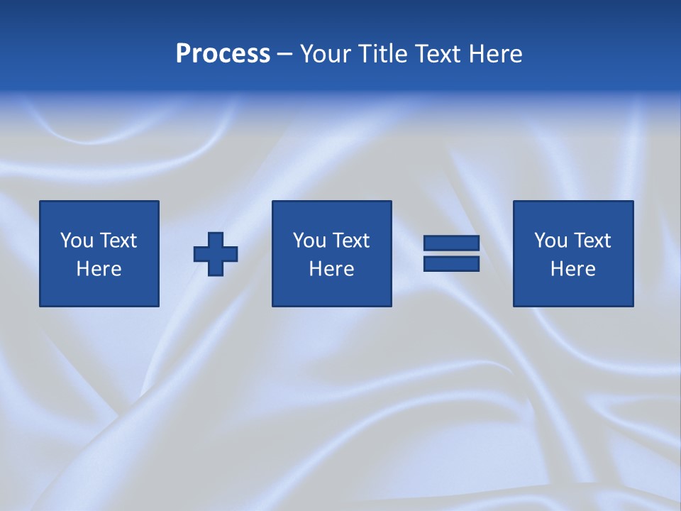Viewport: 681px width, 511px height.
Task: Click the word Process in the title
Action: tap(223, 54)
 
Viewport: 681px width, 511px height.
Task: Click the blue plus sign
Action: tap(216, 254)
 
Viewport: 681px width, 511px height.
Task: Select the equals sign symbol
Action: tap(451, 253)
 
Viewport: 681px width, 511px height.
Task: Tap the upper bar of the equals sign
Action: tap(451, 243)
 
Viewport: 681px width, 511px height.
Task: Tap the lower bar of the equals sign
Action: tap(451, 264)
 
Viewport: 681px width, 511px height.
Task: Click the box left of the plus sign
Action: tap(99, 253)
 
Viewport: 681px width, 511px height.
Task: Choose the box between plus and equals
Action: tap(331, 253)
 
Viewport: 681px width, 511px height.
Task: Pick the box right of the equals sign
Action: tap(572, 253)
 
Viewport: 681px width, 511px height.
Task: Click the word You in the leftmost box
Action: tap(77, 241)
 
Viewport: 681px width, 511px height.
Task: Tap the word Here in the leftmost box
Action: tap(99, 269)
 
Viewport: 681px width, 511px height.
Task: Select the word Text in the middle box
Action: tap(350, 241)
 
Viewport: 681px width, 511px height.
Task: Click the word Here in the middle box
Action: tap(331, 269)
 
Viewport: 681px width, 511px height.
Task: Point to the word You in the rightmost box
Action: tap(551, 241)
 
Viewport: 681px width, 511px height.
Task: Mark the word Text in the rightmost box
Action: tap(592, 241)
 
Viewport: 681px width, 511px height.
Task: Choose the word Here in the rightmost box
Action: tap(572, 269)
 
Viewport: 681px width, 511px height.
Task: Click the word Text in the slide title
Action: tap(437, 54)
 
